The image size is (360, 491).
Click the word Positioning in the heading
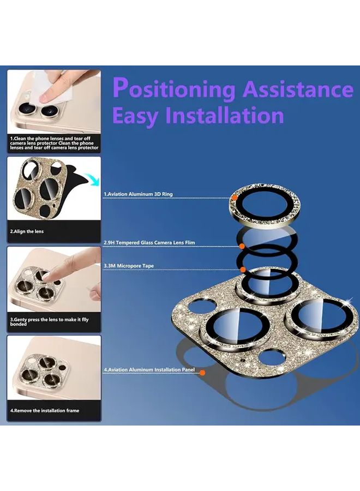tap(174, 89)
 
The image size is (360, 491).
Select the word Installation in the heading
tap(224, 115)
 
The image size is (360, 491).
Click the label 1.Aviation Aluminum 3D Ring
tap(138, 194)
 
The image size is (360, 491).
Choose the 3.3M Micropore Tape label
tap(129, 266)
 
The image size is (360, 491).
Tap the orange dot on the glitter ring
tap(234, 198)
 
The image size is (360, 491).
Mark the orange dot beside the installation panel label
tap(202, 373)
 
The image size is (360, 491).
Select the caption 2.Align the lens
tap(27, 231)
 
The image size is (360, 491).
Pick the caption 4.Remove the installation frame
tap(44, 410)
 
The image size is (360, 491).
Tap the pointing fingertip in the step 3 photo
tap(47, 276)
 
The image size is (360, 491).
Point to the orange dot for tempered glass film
tap(242, 247)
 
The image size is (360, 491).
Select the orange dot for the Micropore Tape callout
tap(243, 270)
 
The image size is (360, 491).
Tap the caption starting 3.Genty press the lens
tap(49, 321)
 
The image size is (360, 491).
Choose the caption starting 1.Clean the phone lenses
tap(54, 143)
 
